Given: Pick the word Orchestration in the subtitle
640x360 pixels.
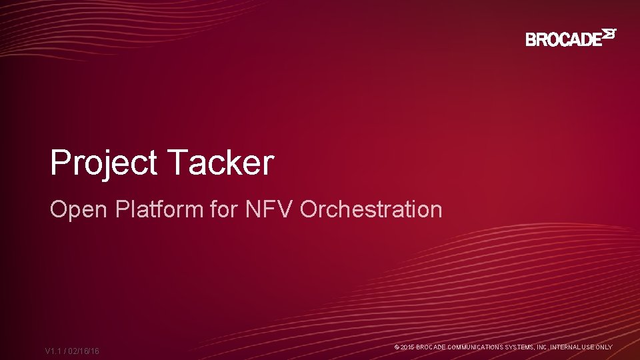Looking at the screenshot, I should [371, 209].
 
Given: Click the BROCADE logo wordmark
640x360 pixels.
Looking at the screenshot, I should [563, 39].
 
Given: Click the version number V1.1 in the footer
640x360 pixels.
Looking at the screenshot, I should [55, 351].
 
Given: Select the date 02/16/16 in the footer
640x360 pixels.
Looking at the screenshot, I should [84, 351].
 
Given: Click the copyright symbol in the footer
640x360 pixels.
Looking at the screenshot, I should [397, 347].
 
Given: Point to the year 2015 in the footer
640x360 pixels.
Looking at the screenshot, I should [407, 347].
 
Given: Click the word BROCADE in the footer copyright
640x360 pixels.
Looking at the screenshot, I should [431, 347].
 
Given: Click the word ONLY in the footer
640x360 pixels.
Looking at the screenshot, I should [604, 347].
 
